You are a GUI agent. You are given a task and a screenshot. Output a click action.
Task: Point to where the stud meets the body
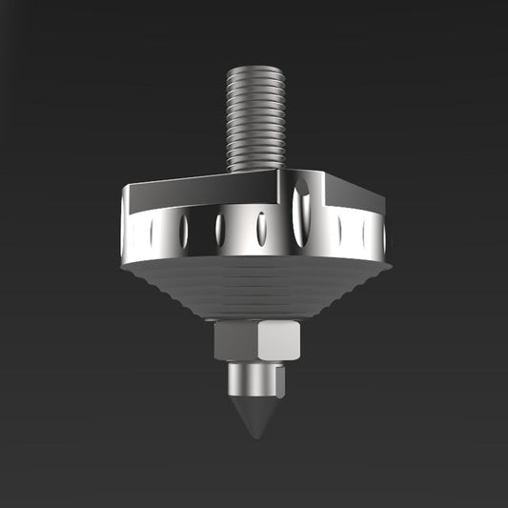[256, 171]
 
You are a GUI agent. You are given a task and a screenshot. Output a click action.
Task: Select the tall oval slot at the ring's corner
[301, 213]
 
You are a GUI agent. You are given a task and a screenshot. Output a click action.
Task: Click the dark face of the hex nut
[237, 340]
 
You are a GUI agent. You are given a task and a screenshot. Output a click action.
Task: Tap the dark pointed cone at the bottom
[255, 416]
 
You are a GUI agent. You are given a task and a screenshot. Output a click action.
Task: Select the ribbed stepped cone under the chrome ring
[255, 286]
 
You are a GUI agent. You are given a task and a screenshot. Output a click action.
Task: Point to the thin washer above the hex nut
[255, 321]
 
